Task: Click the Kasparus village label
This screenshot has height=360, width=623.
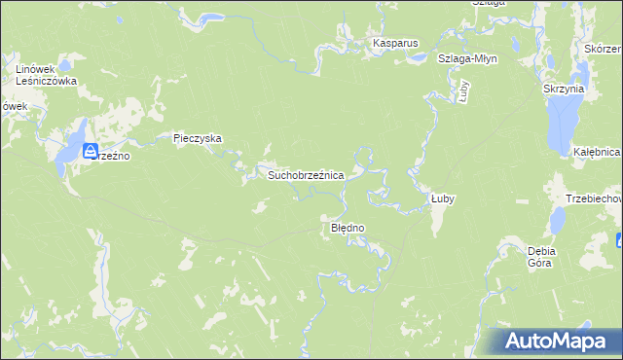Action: point(391,44)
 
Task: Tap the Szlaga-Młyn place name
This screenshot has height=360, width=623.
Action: point(467,58)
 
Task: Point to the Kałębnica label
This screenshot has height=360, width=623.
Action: point(597,153)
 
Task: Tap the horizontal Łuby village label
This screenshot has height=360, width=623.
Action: point(443,198)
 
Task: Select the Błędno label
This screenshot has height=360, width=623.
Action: point(348,228)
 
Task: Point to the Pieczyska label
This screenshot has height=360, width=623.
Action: point(198,139)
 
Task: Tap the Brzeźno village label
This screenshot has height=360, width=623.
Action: point(110,155)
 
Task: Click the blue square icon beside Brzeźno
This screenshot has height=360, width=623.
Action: point(91,151)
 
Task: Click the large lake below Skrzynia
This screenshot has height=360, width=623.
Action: point(562,125)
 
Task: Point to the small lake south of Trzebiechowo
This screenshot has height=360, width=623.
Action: point(557,222)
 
